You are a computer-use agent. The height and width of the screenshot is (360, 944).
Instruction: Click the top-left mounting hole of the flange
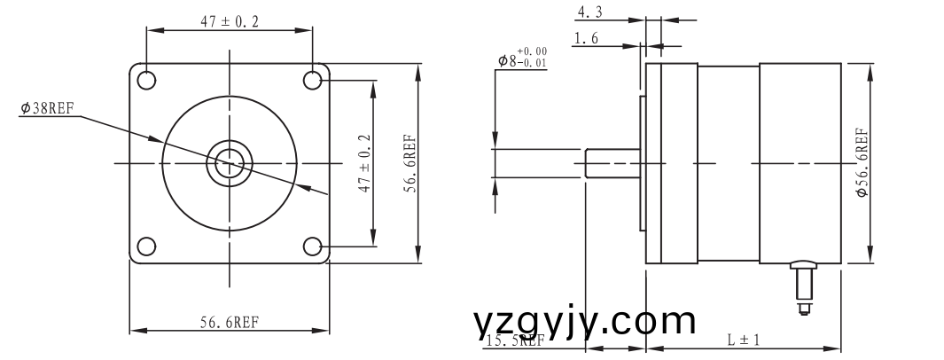[x=146, y=80]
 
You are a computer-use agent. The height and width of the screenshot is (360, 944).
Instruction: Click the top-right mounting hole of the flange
[x=313, y=80]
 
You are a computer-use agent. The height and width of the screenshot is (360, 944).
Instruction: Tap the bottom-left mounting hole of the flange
[x=146, y=246]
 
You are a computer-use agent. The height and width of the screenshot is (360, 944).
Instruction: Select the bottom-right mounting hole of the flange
[x=313, y=246]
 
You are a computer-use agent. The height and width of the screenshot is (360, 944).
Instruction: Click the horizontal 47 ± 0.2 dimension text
[x=230, y=23]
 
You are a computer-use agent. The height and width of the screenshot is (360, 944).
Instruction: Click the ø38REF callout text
[x=47, y=108]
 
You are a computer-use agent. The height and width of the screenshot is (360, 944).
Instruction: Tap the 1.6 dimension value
[x=586, y=38]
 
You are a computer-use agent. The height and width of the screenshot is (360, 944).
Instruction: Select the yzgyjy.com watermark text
[x=585, y=321]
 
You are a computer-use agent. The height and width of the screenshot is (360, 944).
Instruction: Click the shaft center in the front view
[x=230, y=163]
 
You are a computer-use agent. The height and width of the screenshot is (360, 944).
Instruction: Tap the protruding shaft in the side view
[x=612, y=163]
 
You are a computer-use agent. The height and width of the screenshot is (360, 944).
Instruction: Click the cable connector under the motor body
[x=805, y=284]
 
